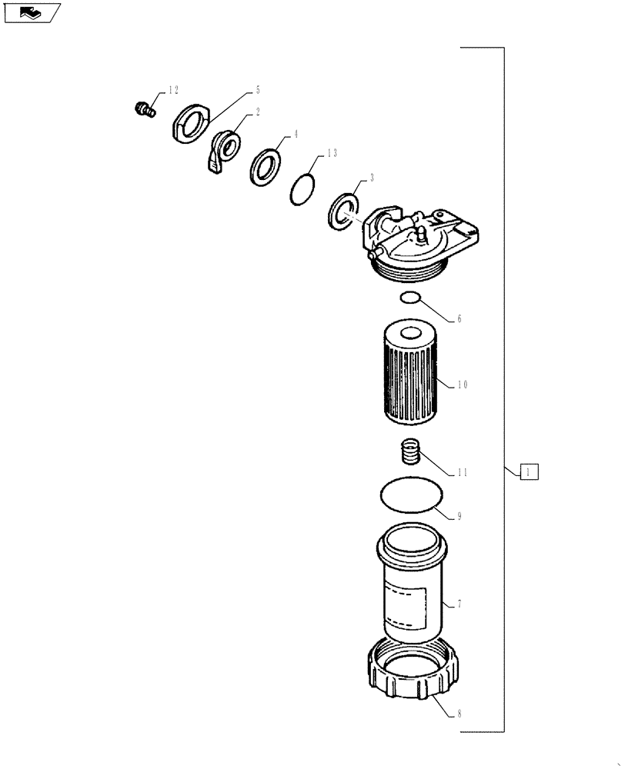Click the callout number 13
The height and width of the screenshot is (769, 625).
click(332, 154)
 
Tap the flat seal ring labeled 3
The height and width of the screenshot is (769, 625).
click(343, 209)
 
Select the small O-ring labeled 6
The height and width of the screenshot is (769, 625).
click(411, 298)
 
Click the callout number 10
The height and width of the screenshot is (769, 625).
click(462, 384)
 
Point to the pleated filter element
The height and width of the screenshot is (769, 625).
click(410, 374)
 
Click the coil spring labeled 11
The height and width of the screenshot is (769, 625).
click(413, 451)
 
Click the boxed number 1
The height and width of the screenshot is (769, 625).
click(530, 471)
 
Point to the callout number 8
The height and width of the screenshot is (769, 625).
click(460, 713)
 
